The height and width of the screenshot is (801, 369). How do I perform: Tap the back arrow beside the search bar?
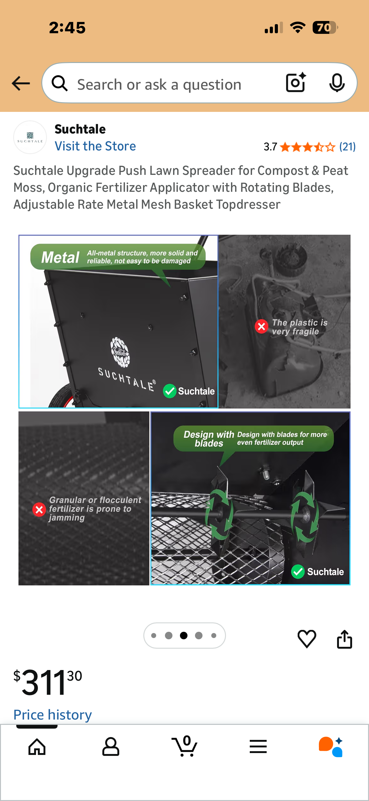pos(21,83)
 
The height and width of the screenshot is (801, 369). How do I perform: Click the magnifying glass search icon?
pos(60,83)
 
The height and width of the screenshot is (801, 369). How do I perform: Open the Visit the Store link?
pos(95,146)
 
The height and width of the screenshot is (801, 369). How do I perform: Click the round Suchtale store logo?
pos(30,137)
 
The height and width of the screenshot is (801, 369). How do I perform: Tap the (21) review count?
pos(347,147)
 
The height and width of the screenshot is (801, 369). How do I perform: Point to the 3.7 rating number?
pos(270,147)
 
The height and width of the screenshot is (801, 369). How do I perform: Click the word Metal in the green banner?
pos(60,257)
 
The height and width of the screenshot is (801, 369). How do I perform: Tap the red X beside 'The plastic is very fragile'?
pos(261,327)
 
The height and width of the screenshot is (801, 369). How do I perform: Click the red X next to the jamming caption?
pos(39,510)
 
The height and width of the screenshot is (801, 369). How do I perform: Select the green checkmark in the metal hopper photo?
pos(170,391)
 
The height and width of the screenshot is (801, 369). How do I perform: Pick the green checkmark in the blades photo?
pos(298,572)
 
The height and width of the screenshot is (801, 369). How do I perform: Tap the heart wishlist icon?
pos(307,639)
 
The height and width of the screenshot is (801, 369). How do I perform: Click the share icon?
pos(344,639)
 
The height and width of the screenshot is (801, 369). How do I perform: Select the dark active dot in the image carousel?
pos(184,635)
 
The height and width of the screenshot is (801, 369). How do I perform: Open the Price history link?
pos(53,715)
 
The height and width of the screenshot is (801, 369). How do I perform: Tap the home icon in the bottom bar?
pos(37,747)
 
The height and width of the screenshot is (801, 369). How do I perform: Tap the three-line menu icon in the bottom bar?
pos(258,746)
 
